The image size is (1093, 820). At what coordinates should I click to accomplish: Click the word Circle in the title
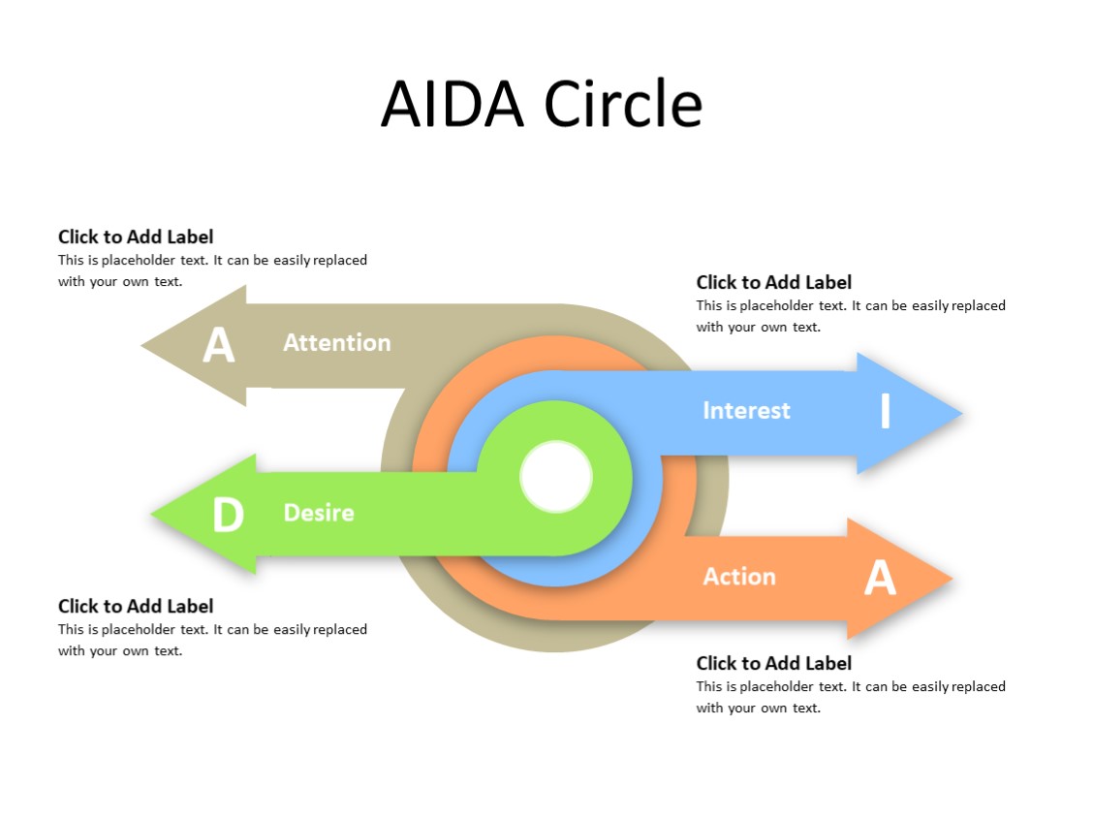pyautogui.click(x=622, y=104)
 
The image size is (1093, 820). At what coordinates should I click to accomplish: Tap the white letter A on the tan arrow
pyautogui.click(x=219, y=345)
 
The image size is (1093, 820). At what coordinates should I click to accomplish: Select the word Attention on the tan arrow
pyautogui.click(x=336, y=342)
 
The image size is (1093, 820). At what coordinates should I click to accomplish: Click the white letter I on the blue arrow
pyautogui.click(x=885, y=411)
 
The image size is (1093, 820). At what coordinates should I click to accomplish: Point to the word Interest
pyautogui.click(x=746, y=410)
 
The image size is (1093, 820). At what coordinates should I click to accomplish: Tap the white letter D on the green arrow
pyautogui.click(x=228, y=515)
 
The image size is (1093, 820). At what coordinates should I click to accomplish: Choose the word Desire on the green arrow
pyautogui.click(x=318, y=513)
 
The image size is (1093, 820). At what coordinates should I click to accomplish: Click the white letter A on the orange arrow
pyautogui.click(x=880, y=578)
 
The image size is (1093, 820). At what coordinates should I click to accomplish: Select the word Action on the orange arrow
pyautogui.click(x=738, y=577)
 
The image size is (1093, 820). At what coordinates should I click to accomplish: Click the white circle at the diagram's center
pyautogui.click(x=556, y=477)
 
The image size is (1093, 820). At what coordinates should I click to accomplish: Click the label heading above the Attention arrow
pyautogui.click(x=136, y=237)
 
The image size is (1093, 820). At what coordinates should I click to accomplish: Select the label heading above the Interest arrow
pyautogui.click(x=773, y=282)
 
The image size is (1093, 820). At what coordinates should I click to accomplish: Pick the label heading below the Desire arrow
pyautogui.click(x=136, y=606)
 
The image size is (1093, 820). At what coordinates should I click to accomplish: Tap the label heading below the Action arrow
pyautogui.click(x=773, y=663)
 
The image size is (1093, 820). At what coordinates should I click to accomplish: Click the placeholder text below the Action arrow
pyautogui.click(x=851, y=697)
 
